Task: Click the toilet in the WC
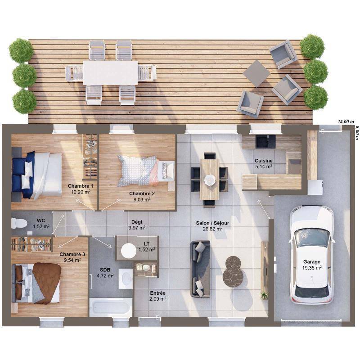[19, 223]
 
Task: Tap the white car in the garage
[311, 255]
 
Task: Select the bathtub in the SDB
[111, 307]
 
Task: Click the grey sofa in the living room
[200, 269]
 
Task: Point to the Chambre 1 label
[81, 186]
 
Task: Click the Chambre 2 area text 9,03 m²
[142, 199]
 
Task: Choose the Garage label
[311, 261]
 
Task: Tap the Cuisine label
[264, 161]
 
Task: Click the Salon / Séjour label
[212, 223]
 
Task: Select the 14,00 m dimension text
[346, 121]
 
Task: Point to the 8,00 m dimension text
[356, 132]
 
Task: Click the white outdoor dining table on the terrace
[110, 73]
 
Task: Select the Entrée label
[158, 293]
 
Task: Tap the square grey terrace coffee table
[256, 74]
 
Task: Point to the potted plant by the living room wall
[264, 295]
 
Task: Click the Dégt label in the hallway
[137, 222]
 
